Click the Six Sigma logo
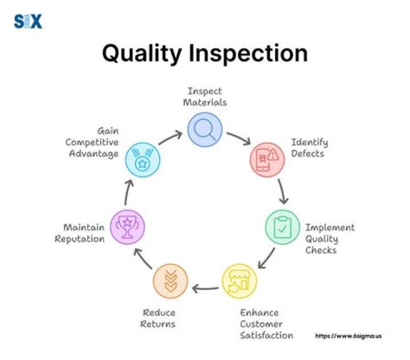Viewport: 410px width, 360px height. (28, 22)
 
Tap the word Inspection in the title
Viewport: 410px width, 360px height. (254, 54)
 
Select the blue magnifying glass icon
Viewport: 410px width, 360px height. (205, 130)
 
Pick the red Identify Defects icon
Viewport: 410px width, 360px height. (266, 158)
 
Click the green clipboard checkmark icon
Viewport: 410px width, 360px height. (282, 227)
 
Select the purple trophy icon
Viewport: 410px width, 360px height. (128, 226)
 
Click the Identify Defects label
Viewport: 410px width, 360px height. (309, 148)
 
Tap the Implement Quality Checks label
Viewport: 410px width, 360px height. (330, 239)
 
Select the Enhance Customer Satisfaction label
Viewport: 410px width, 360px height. (266, 324)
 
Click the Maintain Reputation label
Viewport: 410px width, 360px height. (80, 233)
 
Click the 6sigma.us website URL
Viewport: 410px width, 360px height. (348, 336)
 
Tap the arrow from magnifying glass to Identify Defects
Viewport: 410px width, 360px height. (238, 137)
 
